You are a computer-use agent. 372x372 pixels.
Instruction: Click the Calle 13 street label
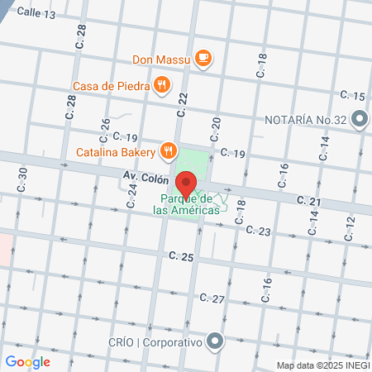click(x=36, y=14)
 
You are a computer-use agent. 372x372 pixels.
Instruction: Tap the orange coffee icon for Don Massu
click(x=204, y=58)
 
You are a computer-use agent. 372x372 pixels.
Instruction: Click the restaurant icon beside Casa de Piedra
click(x=164, y=84)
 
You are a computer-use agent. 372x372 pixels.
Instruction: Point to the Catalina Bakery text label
click(x=116, y=152)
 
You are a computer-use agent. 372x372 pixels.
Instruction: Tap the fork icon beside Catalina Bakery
click(x=169, y=150)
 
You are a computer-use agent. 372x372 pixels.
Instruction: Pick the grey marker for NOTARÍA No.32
click(x=359, y=120)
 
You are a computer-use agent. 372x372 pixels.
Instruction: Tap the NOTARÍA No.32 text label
click(x=304, y=120)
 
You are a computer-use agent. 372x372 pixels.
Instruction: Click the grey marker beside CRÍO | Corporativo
click(x=216, y=341)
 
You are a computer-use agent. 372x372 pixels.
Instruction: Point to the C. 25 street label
click(x=181, y=258)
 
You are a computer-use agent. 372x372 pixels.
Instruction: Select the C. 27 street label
click(x=212, y=298)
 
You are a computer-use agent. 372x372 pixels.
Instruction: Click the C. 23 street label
click(x=259, y=232)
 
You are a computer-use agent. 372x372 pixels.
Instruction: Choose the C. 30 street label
click(x=22, y=178)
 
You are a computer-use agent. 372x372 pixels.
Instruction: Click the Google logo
click(x=27, y=361)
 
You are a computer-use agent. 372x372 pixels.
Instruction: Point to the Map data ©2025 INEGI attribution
click(x=322, y=365)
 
